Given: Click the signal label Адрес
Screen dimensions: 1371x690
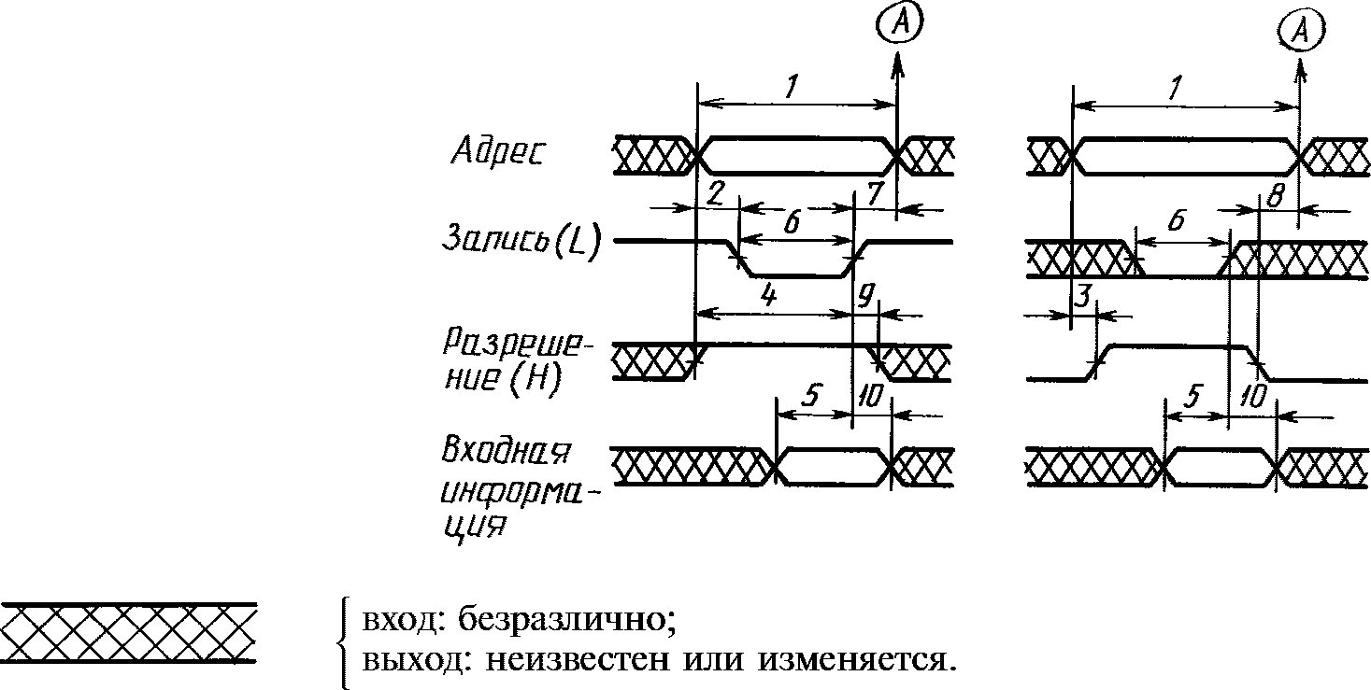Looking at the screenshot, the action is [x=497, y=150].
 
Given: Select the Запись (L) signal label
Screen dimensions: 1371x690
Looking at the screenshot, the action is [x=521, y=241].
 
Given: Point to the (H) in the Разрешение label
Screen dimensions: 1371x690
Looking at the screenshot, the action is [x=536, y=380].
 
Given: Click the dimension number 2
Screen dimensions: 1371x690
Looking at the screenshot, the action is [x=715, y=193].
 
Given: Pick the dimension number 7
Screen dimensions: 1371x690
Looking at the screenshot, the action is [x=874, y=193].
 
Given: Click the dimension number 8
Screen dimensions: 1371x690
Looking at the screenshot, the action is [x=1275, y=196].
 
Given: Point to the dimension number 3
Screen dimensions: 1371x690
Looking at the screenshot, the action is [x=1084, y=297].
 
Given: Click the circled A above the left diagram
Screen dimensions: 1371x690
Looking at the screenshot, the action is [x=900, y=22].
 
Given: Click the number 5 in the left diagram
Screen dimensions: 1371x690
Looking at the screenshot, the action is [x=810, y=395].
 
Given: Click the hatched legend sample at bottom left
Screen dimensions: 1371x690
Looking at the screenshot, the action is [x=129, y=633].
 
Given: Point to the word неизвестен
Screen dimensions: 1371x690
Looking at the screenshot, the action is [x=578, y=661].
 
